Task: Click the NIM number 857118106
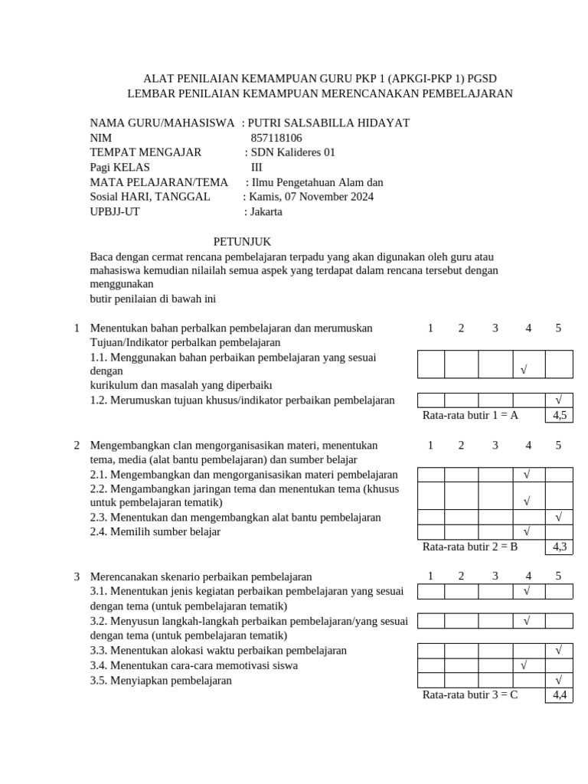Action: pos(276,138)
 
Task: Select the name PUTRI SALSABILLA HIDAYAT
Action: pos(329,122)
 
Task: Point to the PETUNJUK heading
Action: pos(242,241)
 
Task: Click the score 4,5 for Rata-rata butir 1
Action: pos(559,416)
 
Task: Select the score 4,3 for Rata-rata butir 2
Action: pos(559,547)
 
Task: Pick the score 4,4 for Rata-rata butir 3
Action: pos(559,695)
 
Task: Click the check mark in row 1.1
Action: pos(524,371)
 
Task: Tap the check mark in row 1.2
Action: pos(559,400)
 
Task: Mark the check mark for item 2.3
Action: pos(559,517)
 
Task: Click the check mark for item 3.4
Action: pos(524,665)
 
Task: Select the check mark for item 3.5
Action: pos(559,680)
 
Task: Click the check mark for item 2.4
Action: pos(527,531)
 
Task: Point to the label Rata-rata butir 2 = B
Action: pos(470,547)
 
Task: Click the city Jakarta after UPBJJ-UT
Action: pos(266,212)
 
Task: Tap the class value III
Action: pos(256,168)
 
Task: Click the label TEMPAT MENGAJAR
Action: pos(145,152)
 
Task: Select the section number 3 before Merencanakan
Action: pos(77,576)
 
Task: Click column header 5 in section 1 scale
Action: pos(558,328)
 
